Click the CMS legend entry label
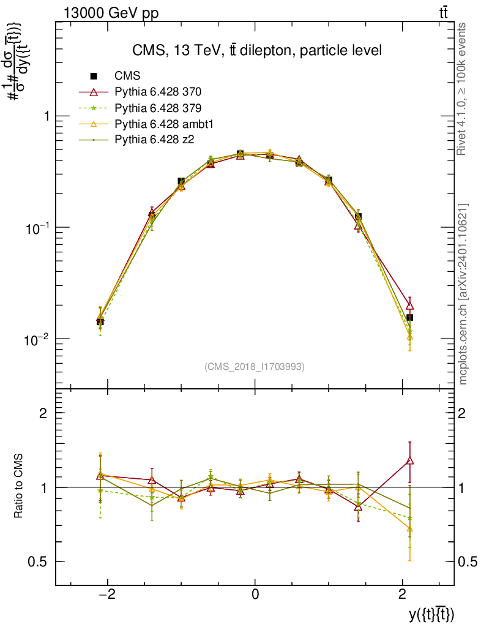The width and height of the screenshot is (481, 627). (x=127, y=76)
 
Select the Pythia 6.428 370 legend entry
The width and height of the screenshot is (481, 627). (x=158, y=92)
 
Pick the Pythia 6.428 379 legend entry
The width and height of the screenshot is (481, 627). (x=158, y=108)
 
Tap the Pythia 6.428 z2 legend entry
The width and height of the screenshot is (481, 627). (x=153, y=140)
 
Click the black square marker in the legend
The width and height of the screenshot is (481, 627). (x=94, y=76)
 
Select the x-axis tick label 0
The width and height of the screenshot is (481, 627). (x=255, y=594)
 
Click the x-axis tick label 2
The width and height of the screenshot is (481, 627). (x=402, y=594)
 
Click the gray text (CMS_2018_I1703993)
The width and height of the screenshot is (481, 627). (x=255, y=366)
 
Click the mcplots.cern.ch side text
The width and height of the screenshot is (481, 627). (x=463, y=294)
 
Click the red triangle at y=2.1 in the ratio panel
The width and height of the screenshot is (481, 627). (x=410, y=460)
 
